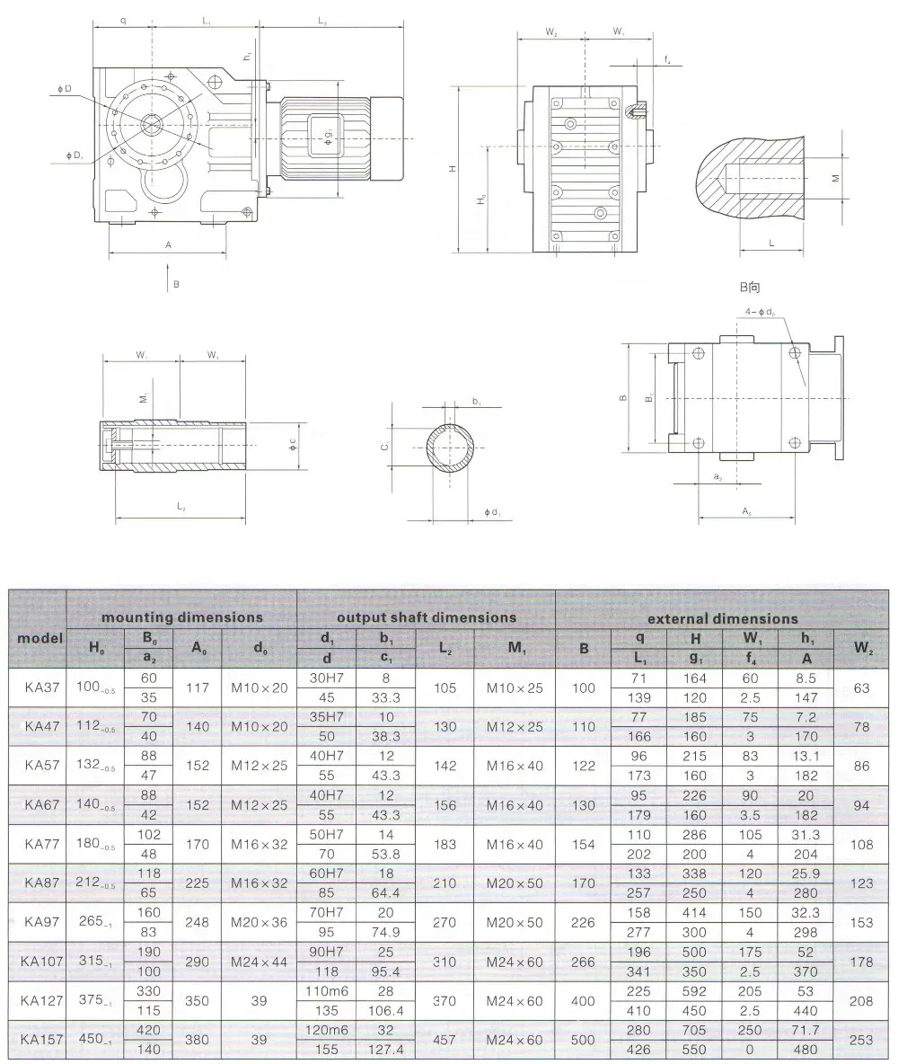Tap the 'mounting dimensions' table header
tap(181, 617)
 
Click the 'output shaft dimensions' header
tap(426, 617)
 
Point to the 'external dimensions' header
tap(722, 618)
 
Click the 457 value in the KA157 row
tap(445, 1039)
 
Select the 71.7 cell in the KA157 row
tap(806, 1029)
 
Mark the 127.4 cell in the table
tap(385, 1049)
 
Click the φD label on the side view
tap(64, 88)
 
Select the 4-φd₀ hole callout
tap(761, 313)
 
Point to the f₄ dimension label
tap(667, 60)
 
